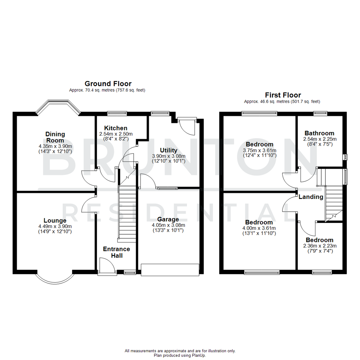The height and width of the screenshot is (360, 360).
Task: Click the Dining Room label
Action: [55, 137]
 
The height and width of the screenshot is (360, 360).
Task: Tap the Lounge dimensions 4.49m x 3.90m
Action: [55, 226]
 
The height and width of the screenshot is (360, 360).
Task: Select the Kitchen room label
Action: [116, 128]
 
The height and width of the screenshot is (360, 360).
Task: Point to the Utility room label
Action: [168, 150]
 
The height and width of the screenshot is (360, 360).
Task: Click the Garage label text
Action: [168, 219]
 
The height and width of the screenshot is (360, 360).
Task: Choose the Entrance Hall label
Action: [116, 252]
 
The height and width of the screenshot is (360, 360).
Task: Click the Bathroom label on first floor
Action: [319, 133]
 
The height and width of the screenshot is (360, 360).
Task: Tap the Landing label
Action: [311, 197]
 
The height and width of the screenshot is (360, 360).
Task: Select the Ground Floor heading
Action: [108, 84]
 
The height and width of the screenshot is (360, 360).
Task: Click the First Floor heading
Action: [283, 95]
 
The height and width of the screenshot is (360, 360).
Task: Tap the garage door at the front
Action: [170, 269]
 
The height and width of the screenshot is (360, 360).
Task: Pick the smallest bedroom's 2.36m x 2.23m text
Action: [319, 246]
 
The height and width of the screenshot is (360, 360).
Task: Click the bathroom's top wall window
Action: [320, 114]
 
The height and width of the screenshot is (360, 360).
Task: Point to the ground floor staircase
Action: [127, 213]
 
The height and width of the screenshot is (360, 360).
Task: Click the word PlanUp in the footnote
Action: [198, 355]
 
